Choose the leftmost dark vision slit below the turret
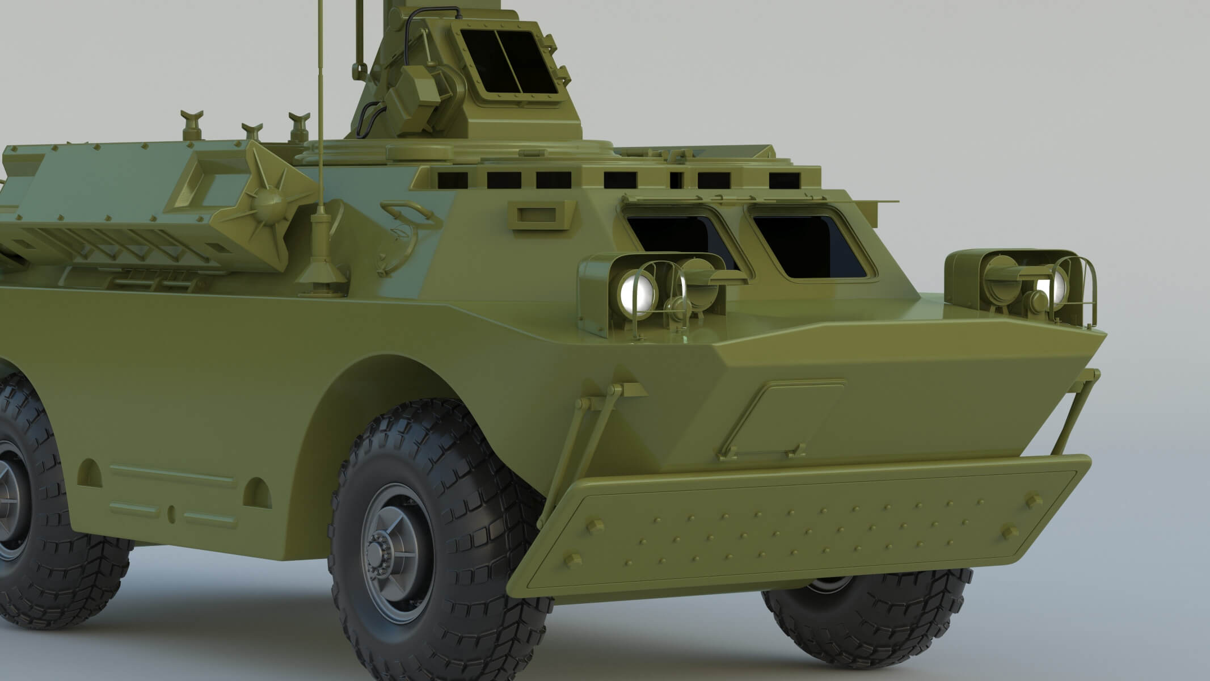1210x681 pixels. [x=453, y=180]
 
